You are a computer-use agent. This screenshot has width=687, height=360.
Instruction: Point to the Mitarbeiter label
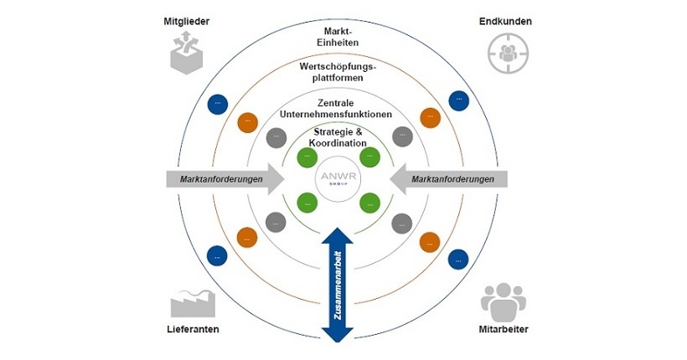coord(503,329)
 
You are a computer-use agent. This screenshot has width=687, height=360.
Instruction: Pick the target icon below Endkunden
coord(504,54)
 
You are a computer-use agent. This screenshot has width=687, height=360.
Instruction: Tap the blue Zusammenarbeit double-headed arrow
coord(338,284)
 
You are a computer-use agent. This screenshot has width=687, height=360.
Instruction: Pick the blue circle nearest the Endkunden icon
coord(458,101)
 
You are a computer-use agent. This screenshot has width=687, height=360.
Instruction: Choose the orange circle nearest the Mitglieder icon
coord(247,121)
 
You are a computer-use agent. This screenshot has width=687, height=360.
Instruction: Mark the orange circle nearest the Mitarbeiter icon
coord(429,242)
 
